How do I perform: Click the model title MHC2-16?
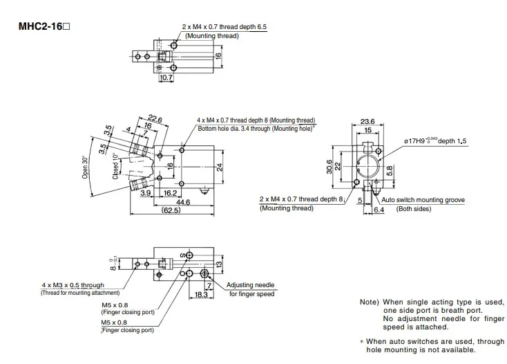44,26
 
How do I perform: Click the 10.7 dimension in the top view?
166,78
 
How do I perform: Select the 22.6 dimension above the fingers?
155,118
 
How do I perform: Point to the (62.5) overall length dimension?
171,210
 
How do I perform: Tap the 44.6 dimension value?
183,202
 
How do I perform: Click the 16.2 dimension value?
170,193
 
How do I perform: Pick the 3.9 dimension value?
146,193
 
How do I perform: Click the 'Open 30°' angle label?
85,167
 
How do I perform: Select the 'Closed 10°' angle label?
115,166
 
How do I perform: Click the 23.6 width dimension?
367,121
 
